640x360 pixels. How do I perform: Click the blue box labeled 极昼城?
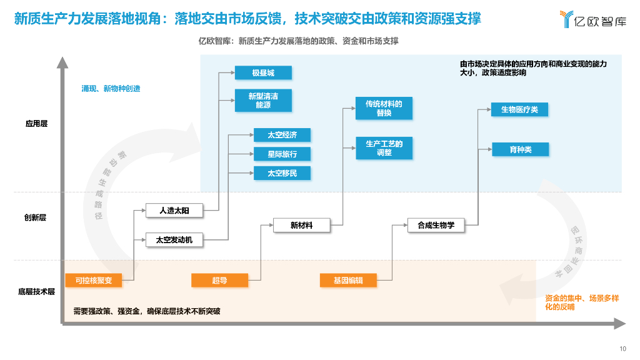click(x=263, y=72)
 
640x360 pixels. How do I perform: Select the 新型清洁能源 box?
click(x=263, y=101)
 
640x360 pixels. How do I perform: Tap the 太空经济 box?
click(x=282, y=135)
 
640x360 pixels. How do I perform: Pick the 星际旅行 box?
click(x=282, y=154)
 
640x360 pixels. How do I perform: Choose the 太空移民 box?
click(x=282, y=173)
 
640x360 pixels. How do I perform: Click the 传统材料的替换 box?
click(x=384, y=108)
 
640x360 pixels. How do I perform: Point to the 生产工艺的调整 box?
click(x=384, y=148)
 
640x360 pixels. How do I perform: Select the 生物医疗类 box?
click(x=519, y=109)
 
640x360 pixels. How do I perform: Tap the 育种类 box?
click(x=519, y=149)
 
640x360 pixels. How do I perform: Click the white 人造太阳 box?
click(x=174, y=211)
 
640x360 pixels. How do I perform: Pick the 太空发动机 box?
click(x=174, y=239)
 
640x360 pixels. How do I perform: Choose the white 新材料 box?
click(x=301, y=226)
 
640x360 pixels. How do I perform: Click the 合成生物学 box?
click(x=436, y=226)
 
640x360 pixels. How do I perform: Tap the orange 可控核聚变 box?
click(x=94, y=281)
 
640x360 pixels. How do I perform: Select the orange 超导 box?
click(x=219, y=281)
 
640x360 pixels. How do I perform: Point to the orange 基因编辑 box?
click(x=349, y=281)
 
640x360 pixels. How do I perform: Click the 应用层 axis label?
click(x=36, y=123)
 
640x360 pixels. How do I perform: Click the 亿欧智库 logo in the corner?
click(x=592, y=20)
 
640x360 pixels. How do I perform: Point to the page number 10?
click(x=622, y=349)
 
